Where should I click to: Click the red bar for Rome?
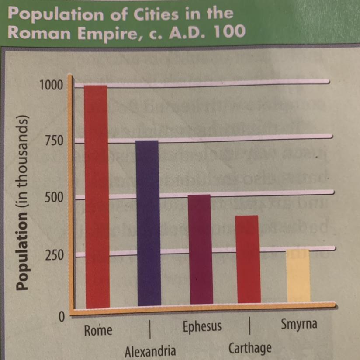click(97, 196)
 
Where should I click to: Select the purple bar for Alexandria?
click(149, 223)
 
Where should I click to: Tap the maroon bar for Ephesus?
click(201, 249)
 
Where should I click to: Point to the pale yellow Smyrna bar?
click(298, 275)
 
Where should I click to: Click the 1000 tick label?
click(51, 85)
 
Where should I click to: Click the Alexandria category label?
click(150, 351)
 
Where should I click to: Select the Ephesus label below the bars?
click(202, 326)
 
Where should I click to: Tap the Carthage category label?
click(249, 348)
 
